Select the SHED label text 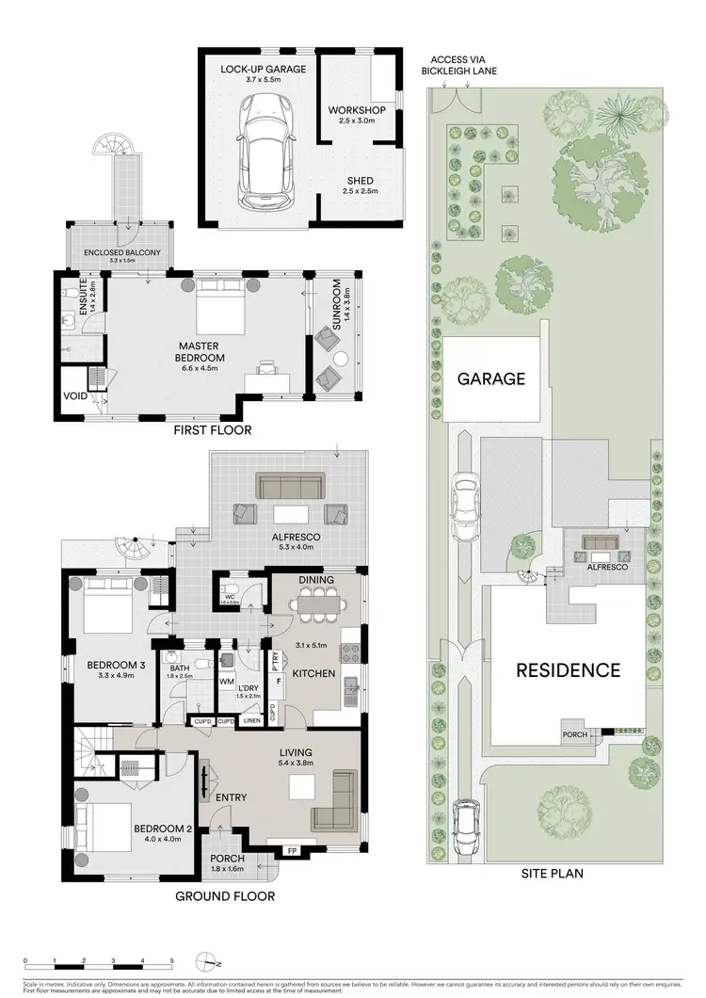point(357,181)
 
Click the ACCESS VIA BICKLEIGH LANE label point(461,63)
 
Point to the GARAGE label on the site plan point(490,378)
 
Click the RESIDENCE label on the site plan point(567,670)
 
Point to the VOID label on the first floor point(76,396)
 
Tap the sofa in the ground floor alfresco point(290,486)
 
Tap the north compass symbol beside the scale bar point(208,962)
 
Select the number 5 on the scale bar point(171,960)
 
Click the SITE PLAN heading point(552,874)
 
